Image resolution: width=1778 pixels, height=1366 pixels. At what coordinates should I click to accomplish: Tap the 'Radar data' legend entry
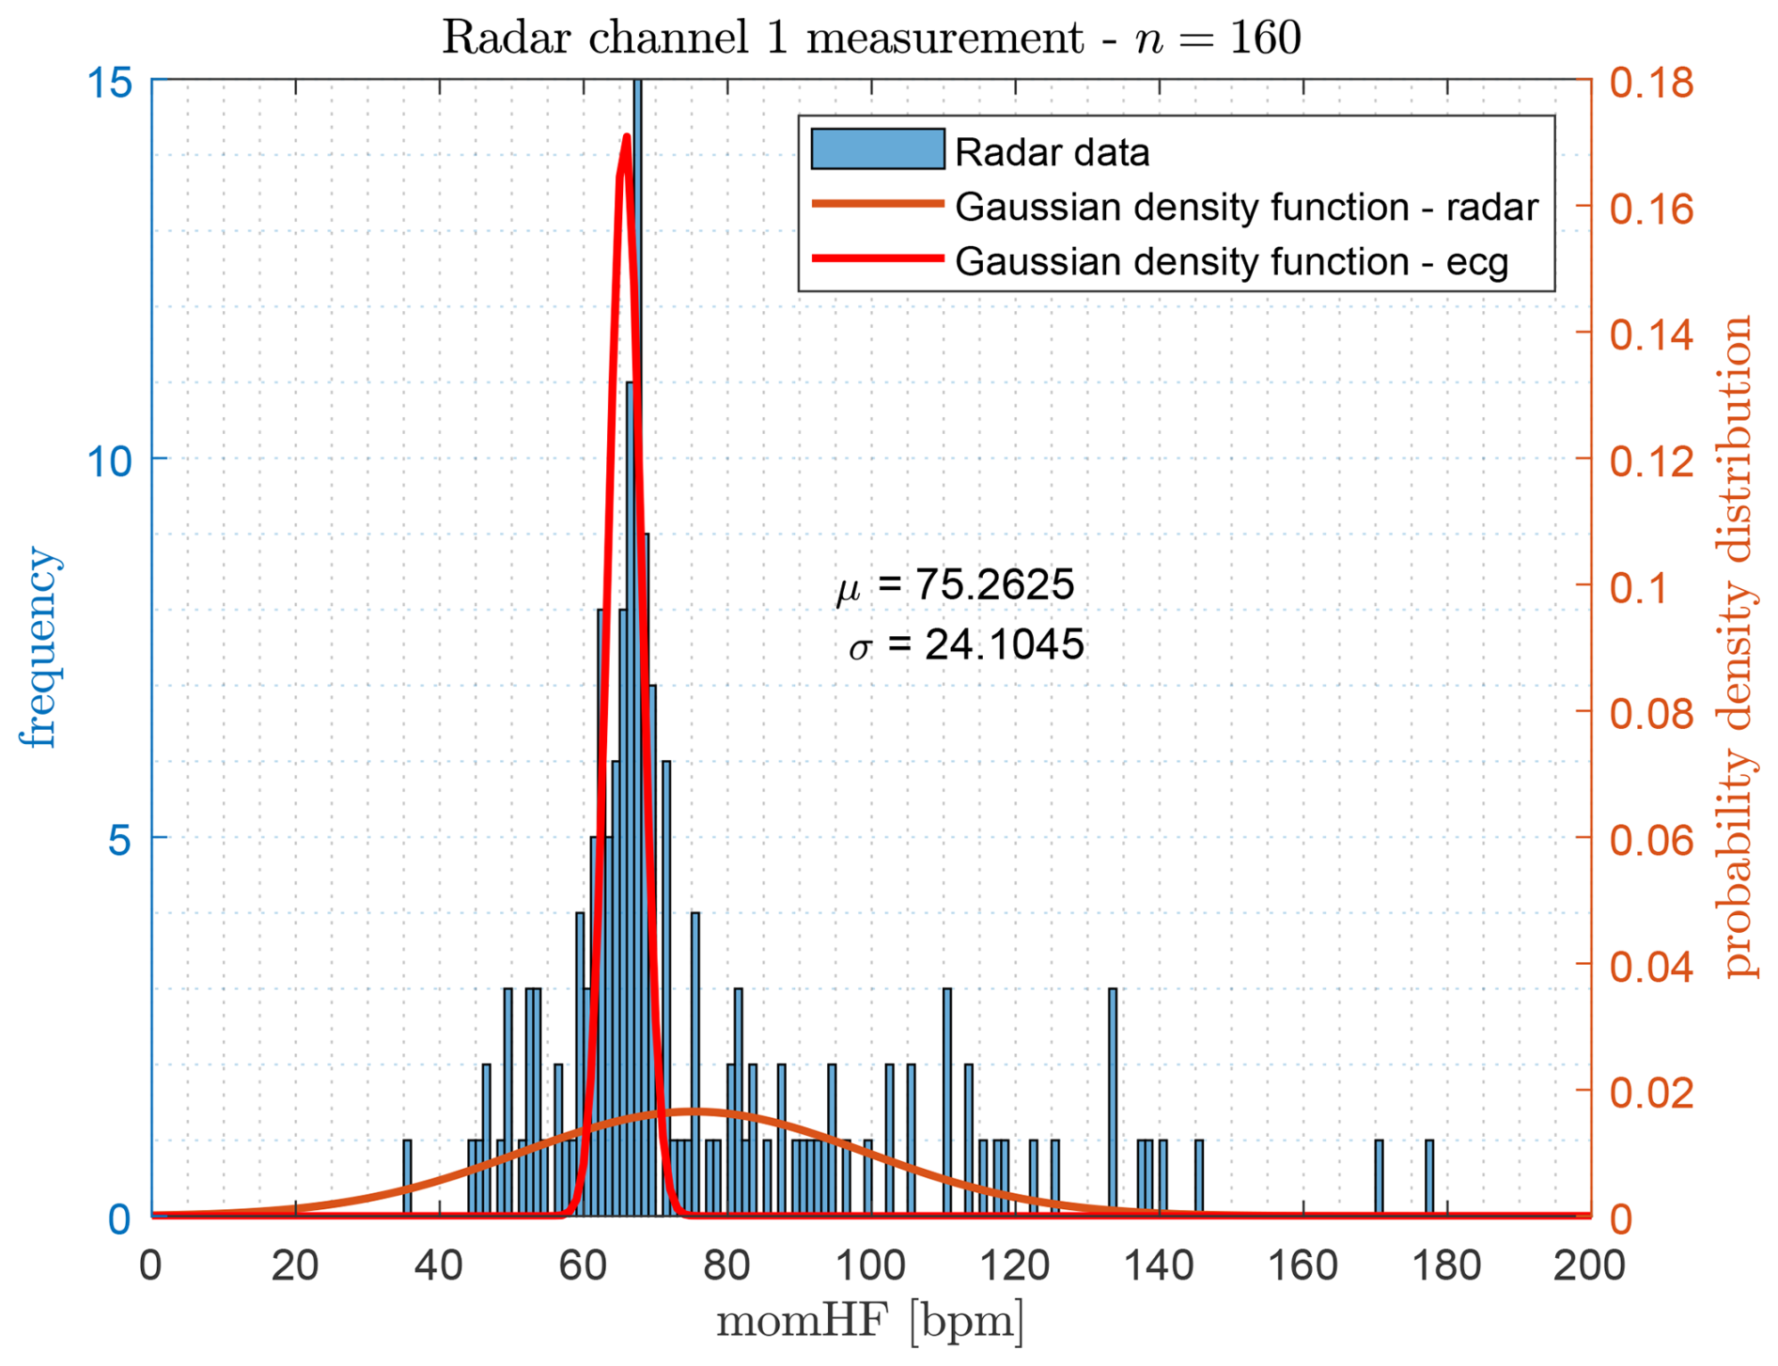point(1052,152)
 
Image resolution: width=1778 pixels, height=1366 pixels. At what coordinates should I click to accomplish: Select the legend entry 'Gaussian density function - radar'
point(1246,207)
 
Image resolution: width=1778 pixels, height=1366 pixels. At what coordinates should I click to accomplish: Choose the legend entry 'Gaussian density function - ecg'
point(1231,261)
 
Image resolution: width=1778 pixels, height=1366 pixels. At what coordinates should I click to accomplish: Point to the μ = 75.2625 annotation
point(955,584)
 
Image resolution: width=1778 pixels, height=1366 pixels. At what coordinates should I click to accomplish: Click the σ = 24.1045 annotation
point(966,645)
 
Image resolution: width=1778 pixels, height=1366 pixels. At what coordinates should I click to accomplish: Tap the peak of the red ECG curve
point(626,139)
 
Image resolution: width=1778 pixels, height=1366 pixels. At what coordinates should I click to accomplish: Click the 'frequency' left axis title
point(39,647)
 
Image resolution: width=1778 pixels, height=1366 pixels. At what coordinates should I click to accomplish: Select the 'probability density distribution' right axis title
point(1739,647)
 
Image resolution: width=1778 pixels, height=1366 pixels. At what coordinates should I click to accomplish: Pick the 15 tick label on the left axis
point(109,83)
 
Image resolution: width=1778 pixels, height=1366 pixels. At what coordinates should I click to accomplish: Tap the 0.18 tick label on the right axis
point(1652,83)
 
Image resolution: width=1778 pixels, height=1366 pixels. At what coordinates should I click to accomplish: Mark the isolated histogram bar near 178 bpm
point(1429,1178)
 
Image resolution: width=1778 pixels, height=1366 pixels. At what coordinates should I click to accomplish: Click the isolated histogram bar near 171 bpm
point(1379,1178)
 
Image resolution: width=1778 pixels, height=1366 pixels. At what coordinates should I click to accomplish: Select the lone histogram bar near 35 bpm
point(407,1178)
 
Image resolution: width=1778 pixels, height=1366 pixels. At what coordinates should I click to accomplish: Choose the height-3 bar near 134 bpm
point(1113,1102)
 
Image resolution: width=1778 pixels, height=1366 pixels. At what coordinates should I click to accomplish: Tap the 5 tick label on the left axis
point(119,838)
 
